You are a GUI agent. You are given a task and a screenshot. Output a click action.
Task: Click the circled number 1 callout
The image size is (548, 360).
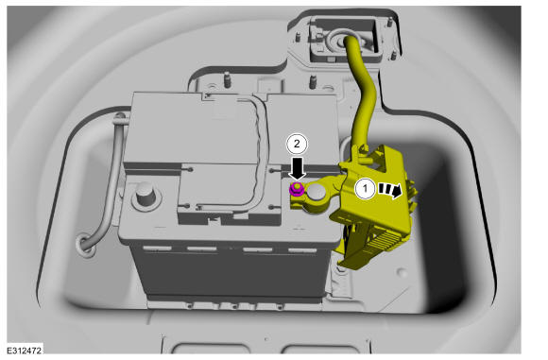(366, 189)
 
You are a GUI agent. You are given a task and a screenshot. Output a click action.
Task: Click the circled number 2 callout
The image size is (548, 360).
(297, 144)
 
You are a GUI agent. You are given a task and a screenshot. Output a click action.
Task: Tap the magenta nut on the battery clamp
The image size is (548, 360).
(297, 189)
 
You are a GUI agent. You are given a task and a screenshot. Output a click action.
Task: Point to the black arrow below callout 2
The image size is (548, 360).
(298, 168)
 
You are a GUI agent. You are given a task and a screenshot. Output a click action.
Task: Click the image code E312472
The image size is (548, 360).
(25, 351)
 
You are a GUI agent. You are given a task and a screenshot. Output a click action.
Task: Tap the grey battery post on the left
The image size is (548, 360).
(146, 194)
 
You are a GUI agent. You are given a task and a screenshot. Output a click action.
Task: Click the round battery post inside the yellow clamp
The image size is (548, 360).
(316, 193)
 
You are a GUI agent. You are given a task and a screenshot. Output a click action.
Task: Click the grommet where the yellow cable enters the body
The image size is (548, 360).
(338, 42)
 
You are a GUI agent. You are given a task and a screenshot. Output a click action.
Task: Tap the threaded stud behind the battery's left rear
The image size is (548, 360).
(227, 80)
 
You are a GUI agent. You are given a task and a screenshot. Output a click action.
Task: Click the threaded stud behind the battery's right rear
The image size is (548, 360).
(313, 82)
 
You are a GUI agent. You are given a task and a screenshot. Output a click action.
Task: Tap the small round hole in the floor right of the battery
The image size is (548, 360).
(402, 272)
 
